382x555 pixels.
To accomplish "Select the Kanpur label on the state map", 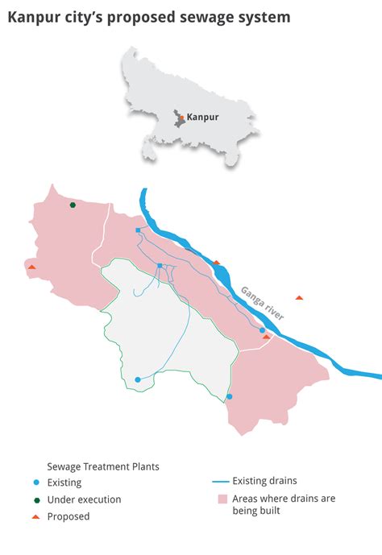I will point(202,117).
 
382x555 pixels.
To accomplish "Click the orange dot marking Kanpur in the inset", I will point(182,118).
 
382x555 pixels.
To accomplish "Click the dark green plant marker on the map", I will point(73,205).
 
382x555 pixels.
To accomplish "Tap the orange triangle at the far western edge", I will point(31,267).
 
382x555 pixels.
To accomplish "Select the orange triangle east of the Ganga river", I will point(299,298).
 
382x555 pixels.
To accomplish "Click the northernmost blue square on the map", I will point(138,230).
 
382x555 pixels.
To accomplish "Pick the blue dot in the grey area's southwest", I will point(138,379).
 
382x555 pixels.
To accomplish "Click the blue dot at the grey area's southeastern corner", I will point(230,396).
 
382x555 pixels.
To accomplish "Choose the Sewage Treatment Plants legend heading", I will point(103,466).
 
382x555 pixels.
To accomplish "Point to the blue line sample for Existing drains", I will point(220,482).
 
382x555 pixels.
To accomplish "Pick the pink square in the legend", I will point(221,499).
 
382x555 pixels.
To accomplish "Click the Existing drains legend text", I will point(265,482).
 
